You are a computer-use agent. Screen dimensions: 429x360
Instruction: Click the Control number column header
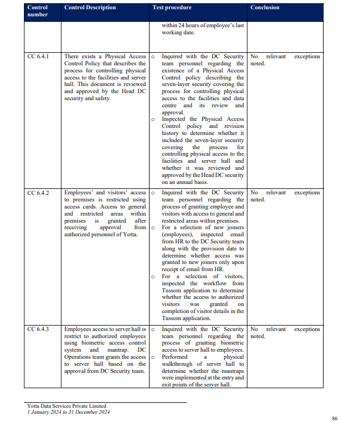38,11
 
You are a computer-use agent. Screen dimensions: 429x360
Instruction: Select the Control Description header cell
90,8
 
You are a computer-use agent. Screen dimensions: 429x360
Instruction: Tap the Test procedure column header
172,8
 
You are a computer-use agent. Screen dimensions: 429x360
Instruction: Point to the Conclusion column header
265,8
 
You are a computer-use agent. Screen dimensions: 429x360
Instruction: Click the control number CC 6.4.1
38,57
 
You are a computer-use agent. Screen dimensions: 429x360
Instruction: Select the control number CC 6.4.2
38,193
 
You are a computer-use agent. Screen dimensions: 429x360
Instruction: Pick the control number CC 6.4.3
38,329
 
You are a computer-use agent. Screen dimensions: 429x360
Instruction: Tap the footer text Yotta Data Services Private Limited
67,406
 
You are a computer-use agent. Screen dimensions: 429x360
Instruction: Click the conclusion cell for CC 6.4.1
284,60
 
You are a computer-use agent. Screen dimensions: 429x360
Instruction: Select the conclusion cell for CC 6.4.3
284,333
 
